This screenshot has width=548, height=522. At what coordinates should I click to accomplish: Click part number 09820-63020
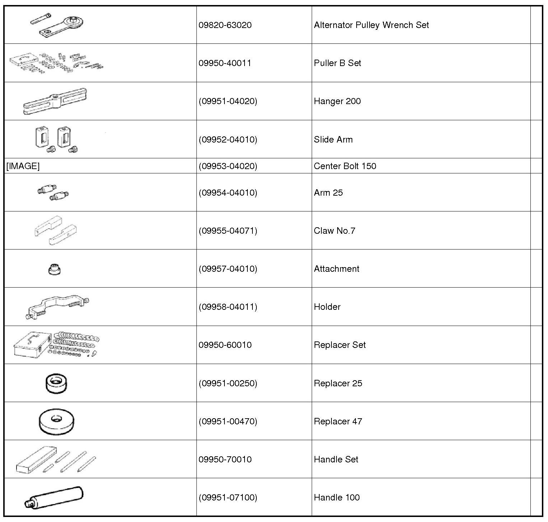pyautogui.click(x=225, y=25)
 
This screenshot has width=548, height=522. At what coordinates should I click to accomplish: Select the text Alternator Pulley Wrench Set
pyautogui.click(x=371, y=25)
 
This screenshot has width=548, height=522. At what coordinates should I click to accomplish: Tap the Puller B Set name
pyautogui.click(x=337, y=63)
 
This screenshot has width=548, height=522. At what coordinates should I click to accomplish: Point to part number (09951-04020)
pyautogui.click(x=228, y=101)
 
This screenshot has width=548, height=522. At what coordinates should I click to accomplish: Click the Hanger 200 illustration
pyautogui.click(x=55, y=102)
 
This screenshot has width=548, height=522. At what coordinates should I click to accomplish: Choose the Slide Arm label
pyautogui.click(x=333, y=140)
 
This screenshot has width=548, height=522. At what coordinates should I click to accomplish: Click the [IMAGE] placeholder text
pyautogui.click(x=23, y=166)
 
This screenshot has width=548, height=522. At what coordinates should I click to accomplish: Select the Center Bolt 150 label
pyautogui.click(x=345, y=166)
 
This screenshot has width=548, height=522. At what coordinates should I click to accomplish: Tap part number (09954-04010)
pyautogui.click(x=228, y=193)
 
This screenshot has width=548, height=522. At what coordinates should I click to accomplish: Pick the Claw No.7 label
pyautogui.click(x=334, y=231)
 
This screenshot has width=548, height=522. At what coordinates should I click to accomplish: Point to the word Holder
pyautogui.click(x=327, y=307)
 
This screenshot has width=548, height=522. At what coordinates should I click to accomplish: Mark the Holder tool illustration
pyautogui.click(x=57, y=307)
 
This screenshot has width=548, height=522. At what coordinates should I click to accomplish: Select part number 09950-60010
pyautogui.click(x=225, y=345)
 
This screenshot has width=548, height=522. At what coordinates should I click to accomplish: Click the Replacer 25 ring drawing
pyautogui.click(x=57, y=383)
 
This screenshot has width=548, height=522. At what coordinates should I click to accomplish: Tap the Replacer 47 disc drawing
pyautogui.click(x=56, y=421)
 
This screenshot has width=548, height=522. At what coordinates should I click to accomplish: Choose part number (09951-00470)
pyautogui.click(x=228, y=421)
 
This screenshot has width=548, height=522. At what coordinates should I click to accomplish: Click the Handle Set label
pyautogui.click(x=336, y=460)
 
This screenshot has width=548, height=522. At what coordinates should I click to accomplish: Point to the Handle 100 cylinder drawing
pyautogui.click(x=54, y=498)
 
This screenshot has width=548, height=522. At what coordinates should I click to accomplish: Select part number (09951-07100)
pyautogui.click(x=228, y=498)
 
